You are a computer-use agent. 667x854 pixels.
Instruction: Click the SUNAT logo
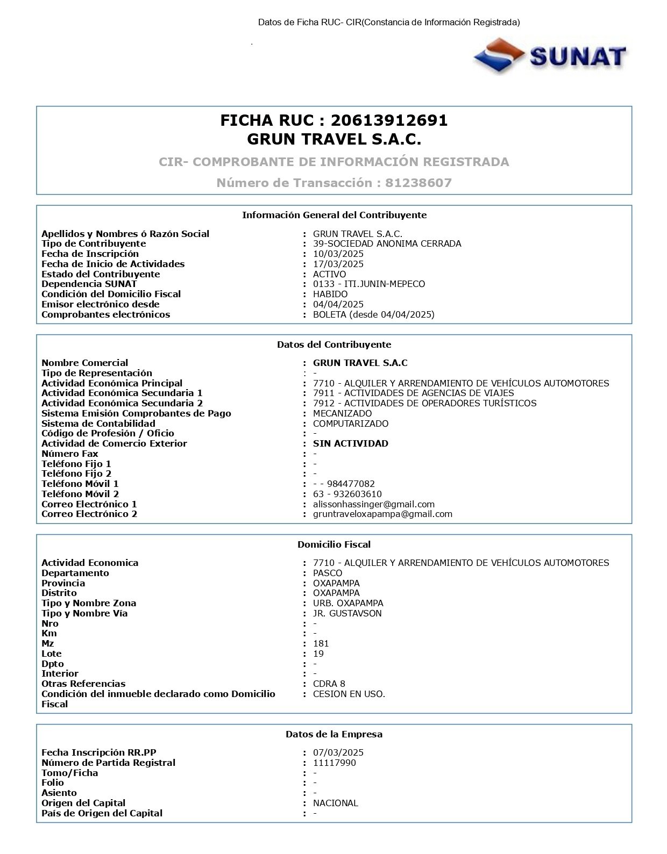550,55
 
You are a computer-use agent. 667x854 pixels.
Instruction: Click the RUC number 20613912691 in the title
389,120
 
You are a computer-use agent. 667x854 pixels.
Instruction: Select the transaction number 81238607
418,183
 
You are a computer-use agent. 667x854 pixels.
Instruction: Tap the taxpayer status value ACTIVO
329,274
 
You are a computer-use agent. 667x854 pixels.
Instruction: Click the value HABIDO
330,294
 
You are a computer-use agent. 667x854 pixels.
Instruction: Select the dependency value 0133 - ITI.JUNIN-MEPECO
368,284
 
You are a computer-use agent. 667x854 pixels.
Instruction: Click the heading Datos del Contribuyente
334,345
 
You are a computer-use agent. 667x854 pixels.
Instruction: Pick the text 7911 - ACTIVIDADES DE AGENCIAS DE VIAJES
413,393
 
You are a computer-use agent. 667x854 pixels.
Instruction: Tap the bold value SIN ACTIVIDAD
350,443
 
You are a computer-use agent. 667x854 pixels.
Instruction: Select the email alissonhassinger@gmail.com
373,504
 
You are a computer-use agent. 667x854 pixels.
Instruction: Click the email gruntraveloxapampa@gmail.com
382,514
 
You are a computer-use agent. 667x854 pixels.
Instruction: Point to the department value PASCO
328,573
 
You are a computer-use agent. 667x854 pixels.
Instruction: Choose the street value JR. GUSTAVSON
347,613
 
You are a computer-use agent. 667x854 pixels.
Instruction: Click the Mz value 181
321,643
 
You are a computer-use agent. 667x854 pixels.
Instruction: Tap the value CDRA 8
329,684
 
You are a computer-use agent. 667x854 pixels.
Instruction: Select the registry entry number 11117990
334,763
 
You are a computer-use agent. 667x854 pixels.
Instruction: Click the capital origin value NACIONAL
335,803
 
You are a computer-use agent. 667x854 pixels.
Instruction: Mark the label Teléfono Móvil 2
80,494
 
